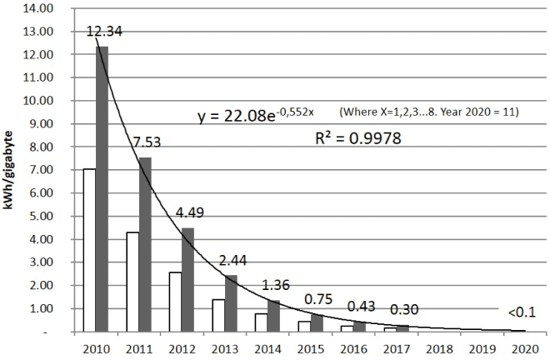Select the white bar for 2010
pos(88,250)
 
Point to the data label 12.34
pos(100,32)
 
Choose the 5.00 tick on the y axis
pos(41,216)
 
